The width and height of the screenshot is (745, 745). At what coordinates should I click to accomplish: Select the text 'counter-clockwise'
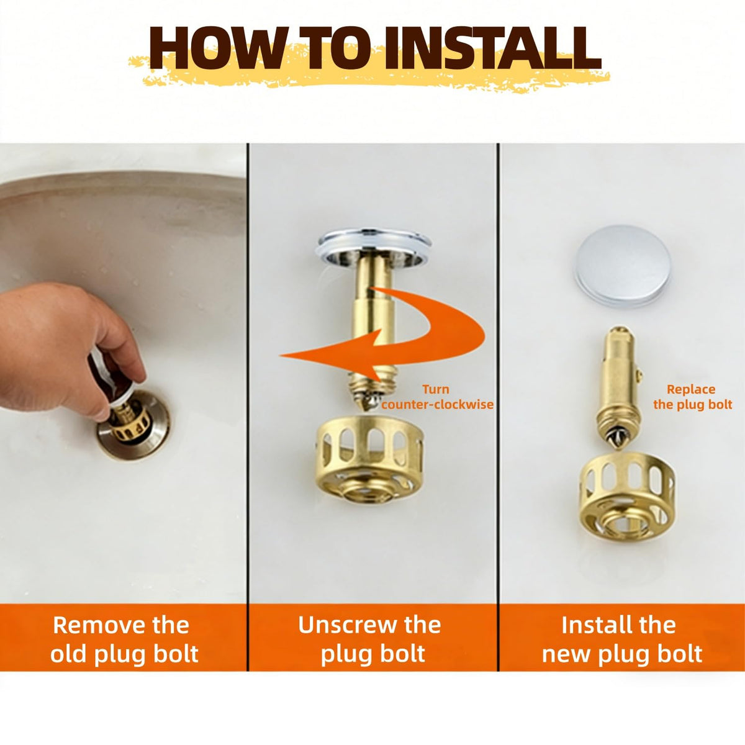tap(437, 405)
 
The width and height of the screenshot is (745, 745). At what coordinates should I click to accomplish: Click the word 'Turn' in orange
tap(436, 389)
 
